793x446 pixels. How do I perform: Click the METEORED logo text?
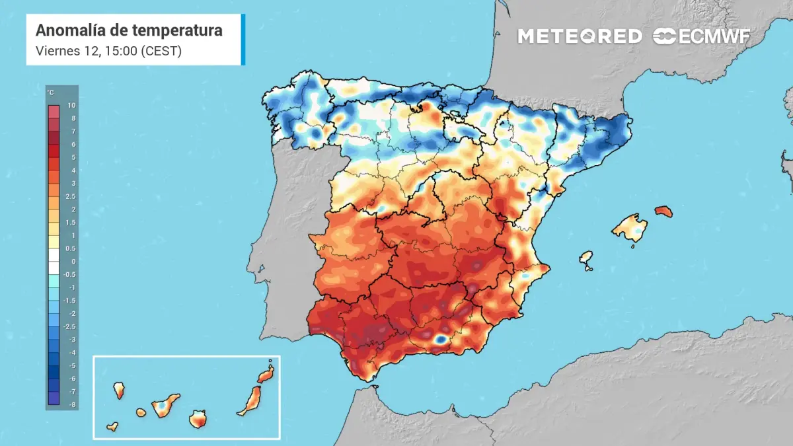click(579, 36)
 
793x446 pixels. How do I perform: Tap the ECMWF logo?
click(701, 36)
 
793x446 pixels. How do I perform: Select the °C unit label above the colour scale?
click(51, 93)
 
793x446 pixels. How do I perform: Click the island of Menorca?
click(663, 211)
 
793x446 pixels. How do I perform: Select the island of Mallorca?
click(630, 229)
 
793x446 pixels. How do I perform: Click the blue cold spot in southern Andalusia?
click(439, 339)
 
